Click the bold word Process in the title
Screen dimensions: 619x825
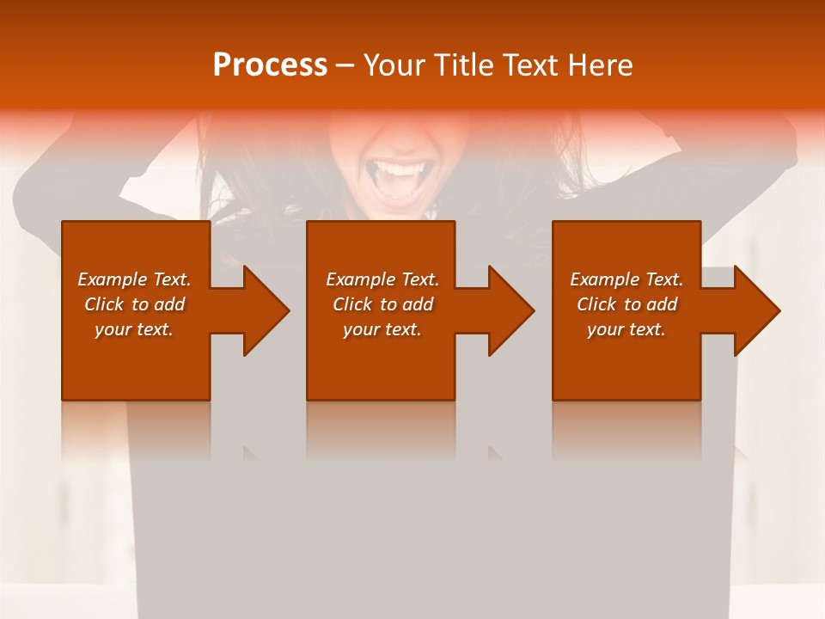click(270, 65)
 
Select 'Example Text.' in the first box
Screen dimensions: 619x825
click(134, 279)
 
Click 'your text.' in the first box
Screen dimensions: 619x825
click(134, 329)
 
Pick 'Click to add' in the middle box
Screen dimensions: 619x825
click(382, 304)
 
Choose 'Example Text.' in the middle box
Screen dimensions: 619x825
click(382, 279)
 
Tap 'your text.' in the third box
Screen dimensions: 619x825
click(626, 329)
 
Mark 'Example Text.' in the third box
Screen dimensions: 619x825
click(626, 279)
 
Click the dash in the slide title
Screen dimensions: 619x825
click(345, 65)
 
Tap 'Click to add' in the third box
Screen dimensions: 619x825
click(626, 304)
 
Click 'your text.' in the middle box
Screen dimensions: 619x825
click(382, 329)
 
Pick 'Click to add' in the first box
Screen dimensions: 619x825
click(134, 304)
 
